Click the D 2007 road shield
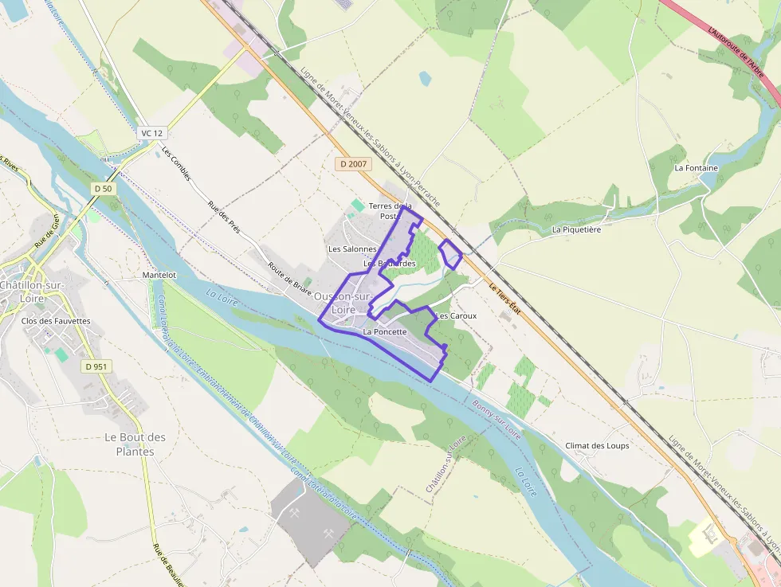[354, 164]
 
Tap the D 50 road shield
[102, 188]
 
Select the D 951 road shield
[96, 366]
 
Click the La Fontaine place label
[696, 168]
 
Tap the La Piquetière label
[576, 229]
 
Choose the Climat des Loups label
[597, 446]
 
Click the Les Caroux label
[457, 315]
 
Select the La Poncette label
[385, 331]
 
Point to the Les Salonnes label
[351, 248]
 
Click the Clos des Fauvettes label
[57, 321]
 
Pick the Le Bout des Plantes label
[135, 444]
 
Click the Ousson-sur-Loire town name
[343, 303]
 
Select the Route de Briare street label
[289, 279]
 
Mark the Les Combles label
[176, 163]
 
